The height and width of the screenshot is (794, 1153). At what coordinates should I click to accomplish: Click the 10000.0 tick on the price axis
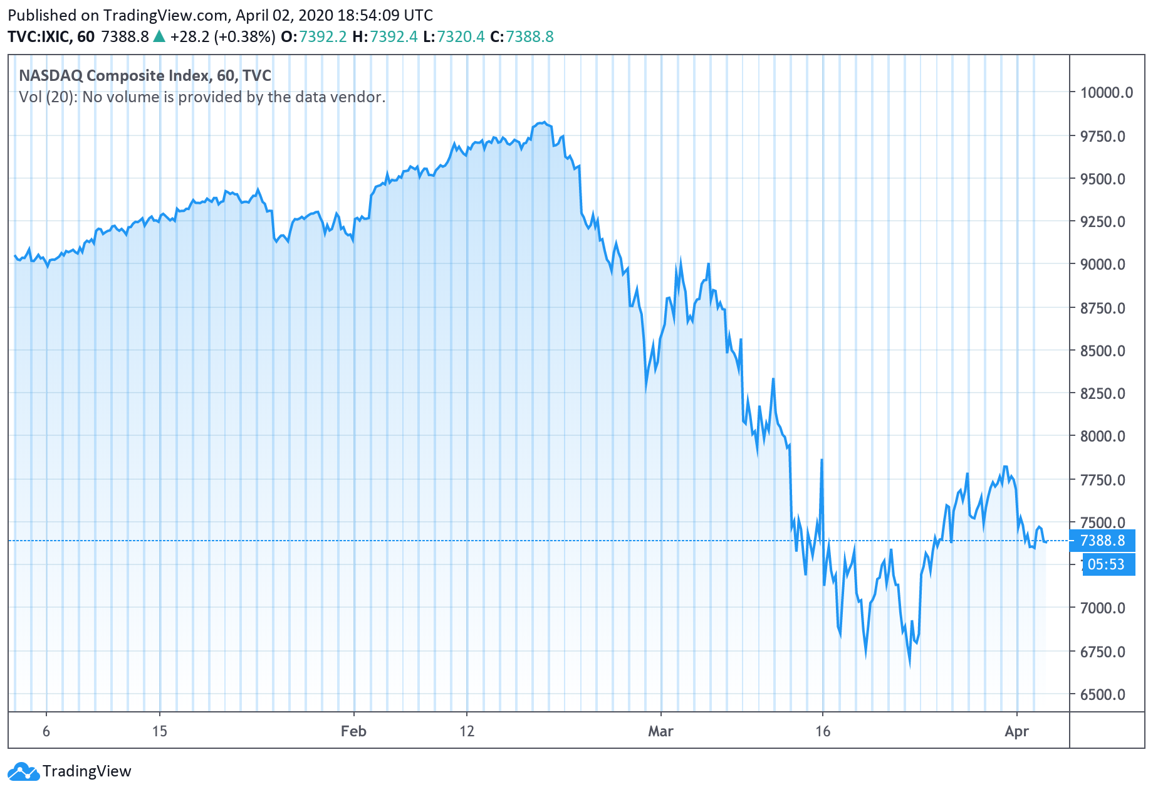coord(1106,93)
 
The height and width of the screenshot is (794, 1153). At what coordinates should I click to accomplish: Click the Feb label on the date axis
coord(353,731)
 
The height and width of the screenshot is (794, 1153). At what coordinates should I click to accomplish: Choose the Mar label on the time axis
coord(660,731)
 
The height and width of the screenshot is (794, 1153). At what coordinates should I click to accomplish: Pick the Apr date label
coord(1016,731)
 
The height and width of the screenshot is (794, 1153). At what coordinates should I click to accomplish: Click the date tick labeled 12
coord(467,731)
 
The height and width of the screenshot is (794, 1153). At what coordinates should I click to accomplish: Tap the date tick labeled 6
coord(46,731)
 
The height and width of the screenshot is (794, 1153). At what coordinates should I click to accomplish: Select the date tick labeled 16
coord(823,731)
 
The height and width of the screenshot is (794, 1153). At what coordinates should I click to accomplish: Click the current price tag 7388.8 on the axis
coord(1103,541)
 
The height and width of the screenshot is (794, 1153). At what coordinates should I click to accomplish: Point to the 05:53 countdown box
coord(1106,564)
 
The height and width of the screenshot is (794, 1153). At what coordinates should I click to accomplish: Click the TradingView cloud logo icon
coord(23,771)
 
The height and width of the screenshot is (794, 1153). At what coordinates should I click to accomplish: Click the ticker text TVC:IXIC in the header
coord(39,37)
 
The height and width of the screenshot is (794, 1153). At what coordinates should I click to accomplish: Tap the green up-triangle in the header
coord(159,36)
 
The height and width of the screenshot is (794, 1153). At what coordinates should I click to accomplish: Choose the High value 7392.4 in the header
coord(394,37)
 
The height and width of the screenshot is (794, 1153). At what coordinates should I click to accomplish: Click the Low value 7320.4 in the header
coord(461,37)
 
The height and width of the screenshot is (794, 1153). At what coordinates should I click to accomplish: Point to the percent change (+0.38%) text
coord(244,37)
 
